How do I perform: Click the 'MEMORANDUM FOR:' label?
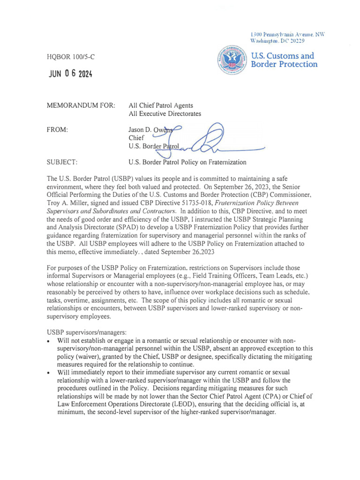click(x=81, y=106)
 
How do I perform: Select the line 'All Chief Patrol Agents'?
click(x=160, y=106)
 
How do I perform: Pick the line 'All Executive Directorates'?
click(x=165, y=114)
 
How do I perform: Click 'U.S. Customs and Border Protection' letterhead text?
click(x=284, y=60)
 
